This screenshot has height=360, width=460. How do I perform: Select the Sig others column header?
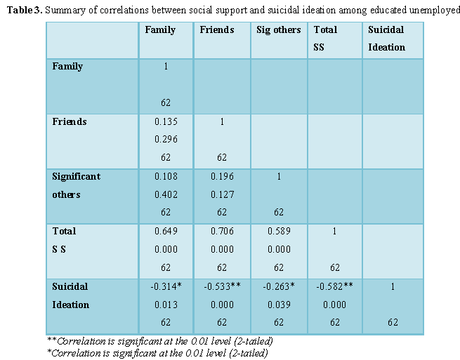[278, 30]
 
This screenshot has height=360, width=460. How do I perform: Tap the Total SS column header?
[325, 39]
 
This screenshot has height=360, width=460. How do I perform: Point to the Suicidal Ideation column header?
[386, 39]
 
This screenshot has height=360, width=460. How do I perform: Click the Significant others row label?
[77, 185]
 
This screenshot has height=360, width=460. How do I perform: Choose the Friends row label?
[70, 121]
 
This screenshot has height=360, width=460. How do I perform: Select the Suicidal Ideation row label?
[71, 295]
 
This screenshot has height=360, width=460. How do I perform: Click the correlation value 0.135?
[166, 121]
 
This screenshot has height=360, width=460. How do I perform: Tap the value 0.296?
[166, 139]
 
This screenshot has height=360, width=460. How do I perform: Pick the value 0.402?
[166, 194]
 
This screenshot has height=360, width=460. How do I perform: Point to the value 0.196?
[222, 176]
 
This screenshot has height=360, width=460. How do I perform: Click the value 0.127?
[222, 194]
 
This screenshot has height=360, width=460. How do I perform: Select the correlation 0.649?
[166, 231]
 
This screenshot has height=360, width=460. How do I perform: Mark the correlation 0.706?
[222, 231]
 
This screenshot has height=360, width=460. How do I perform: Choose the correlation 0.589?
[278, 231]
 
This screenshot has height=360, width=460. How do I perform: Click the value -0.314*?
[166, 286]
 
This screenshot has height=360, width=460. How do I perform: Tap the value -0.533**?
[222, 286]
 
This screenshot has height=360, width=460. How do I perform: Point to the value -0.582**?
[334, 286]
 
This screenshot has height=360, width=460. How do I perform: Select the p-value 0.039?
[278, 305]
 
